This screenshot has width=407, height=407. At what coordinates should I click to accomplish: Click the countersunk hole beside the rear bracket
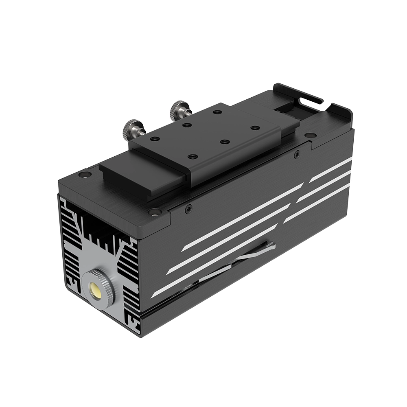pyautogui.click(x=310, y=135)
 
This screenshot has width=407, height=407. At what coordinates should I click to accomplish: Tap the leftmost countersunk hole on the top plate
pyautogui.click(x=84, y=175)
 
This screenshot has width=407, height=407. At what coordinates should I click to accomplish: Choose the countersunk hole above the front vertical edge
pyautogui.click(x=154, y=212)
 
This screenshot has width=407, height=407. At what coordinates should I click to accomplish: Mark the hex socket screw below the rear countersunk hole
pyautogui.click(x=297, y=154)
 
